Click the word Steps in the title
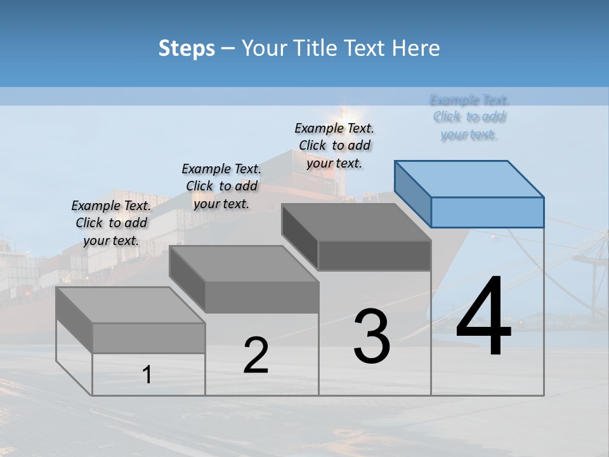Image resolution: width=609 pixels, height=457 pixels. point(187,48)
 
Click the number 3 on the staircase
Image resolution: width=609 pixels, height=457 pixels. point(372,336)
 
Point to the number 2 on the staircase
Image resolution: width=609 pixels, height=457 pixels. point(256,355)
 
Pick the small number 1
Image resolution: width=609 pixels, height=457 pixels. point(147,375)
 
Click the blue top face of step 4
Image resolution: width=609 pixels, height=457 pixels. point(469,179)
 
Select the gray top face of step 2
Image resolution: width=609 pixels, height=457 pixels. point(244,264)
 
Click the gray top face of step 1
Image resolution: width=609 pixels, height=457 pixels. point(131,305)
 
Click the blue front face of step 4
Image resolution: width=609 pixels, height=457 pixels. point(487,212)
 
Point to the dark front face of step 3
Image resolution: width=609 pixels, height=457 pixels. point(374,255)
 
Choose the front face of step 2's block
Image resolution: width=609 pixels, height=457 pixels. point(261,297)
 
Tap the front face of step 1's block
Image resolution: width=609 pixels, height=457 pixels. point(148,338)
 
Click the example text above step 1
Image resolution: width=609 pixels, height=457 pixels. point(111,223)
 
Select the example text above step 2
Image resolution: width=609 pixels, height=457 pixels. point(221,186)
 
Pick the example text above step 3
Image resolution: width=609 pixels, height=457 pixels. point(334,145)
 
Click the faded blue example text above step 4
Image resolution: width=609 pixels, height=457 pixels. point(469,117)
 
